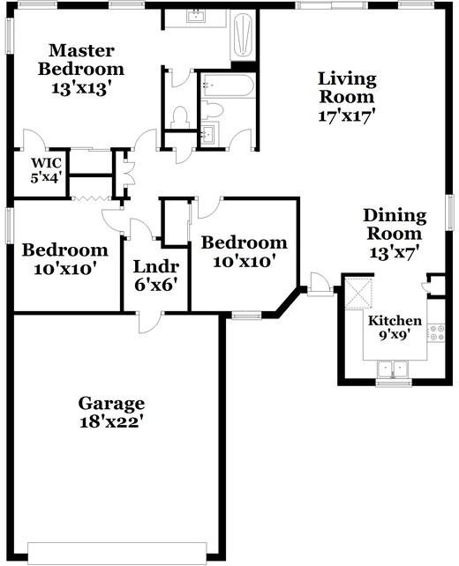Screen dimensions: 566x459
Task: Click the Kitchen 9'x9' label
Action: pyautogui.click(x=395, y=327)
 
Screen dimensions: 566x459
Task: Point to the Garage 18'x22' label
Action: pyautogui.click(x=111, y=412)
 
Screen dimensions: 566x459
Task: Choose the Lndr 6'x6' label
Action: pyautogui.click(x=156, y=275)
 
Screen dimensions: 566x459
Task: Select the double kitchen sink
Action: pyautogui.click(x=389, y=370)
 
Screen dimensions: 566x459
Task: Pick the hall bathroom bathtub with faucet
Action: pyautogui.click(x=227, y=86)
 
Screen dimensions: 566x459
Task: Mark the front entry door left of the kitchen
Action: pyautogui.click(x=320, y=285)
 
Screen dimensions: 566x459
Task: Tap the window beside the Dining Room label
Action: pyautogui.click(x=448, y=212)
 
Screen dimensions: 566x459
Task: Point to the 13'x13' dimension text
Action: pyautogui.click(x=86, y=87)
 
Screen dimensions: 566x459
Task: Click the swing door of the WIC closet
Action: pyautogui.click(x=32, y=141)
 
